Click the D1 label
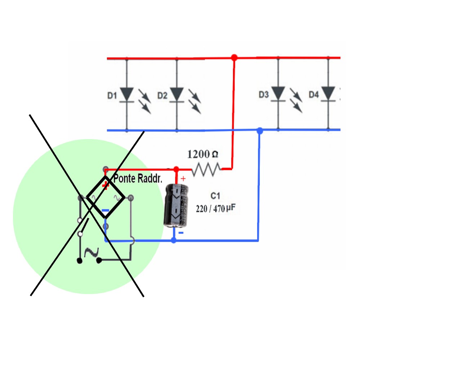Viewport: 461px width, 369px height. [112, 95]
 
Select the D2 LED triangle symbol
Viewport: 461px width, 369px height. [177, 94]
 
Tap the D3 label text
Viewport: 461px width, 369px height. [264, 95]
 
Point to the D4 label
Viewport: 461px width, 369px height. [314, 95]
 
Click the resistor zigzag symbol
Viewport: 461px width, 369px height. [206, 169]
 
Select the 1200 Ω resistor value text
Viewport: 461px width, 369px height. [202, 154]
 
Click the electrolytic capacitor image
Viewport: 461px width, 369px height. [176, 205]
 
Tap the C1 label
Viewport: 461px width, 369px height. [215, 196]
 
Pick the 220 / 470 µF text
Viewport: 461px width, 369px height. [215, 209]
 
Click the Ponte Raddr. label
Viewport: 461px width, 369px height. [138, 178]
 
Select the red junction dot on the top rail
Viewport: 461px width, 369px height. [234, 57]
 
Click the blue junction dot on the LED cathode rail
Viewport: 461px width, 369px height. [260, 130]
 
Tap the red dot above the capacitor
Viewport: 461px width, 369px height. [176, 169]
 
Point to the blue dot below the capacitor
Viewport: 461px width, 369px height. [174, 240]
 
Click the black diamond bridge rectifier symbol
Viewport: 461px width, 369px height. [106, 197]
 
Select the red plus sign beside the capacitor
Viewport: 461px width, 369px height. [183, 178]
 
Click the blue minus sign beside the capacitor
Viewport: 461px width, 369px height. [181, 233]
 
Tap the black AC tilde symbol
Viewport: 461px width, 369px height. [91, 252]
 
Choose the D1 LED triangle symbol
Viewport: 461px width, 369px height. [127, 94]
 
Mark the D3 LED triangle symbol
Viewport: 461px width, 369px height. [278, 93]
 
